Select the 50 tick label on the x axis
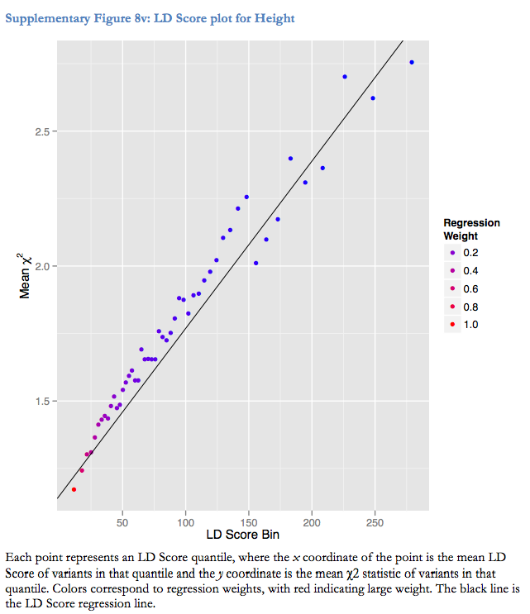(x=122, y=522)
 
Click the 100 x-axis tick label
(x=185, y=522)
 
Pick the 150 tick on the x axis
(x=248, y=522)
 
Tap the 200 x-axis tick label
(x=312, y=522)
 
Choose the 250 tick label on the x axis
(x=375, y=522)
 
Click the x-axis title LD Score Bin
(x=242, y=535)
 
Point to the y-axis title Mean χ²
(x=26, y=275)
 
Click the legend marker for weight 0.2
(x=453, y=252)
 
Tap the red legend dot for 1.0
(x=453, y=325)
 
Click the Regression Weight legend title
(x=471, y=229)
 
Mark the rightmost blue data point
(x=412, y=63)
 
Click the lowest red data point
(x=74, y=489)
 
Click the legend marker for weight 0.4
(x=453, y=270)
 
